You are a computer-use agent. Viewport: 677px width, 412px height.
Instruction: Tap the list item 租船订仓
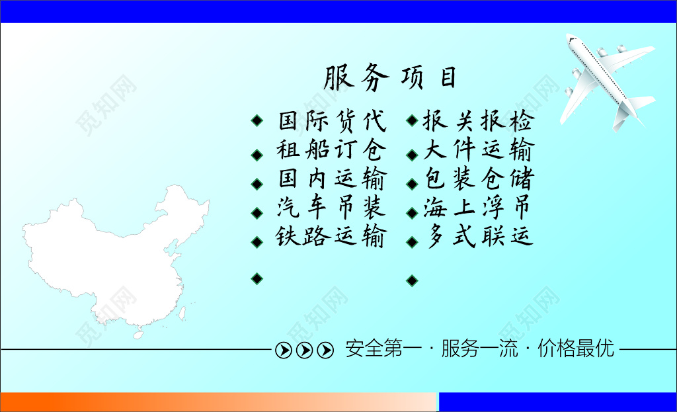(331, 151)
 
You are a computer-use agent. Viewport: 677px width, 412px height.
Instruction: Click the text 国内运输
(331, 180)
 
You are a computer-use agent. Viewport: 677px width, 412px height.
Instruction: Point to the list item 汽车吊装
(331, 209)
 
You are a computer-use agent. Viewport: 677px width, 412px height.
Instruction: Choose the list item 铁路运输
(331, 237)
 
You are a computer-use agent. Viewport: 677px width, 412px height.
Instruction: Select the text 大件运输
(478, 151)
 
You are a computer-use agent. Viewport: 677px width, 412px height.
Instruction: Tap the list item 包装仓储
(478, 180)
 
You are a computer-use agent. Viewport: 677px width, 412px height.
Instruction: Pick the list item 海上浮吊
(478, 209)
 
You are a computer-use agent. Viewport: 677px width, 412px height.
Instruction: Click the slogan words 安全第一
(374, 349)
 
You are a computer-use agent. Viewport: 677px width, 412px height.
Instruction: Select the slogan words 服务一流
(471, 349)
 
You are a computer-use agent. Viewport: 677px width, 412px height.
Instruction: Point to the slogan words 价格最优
(576, 349)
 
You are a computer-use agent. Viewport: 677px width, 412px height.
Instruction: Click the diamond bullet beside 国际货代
(257, 121)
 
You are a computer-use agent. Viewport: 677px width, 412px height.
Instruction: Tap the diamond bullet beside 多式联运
(411, 242)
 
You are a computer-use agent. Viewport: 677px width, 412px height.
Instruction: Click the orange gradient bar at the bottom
(218, 402)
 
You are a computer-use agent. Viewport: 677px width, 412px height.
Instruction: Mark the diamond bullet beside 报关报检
(411, 121)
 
